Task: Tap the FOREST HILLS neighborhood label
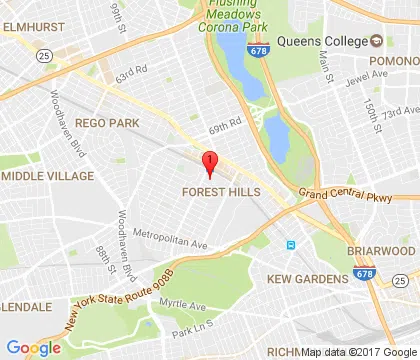point(221,191)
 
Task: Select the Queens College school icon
point(377,40)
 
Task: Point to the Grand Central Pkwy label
point(339,195)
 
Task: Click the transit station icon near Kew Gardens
point(290,244)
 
